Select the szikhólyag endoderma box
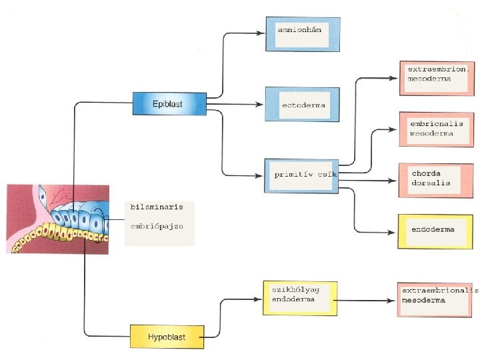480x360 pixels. [297, 298]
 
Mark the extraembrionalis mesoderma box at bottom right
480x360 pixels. [436, 298]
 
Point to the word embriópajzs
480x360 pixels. [155, 226]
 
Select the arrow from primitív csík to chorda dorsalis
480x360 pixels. [373, 180]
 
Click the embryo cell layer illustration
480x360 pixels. [58, 219]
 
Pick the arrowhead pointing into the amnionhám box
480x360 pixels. [261, 32]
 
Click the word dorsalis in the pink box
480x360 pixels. [431, 183]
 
